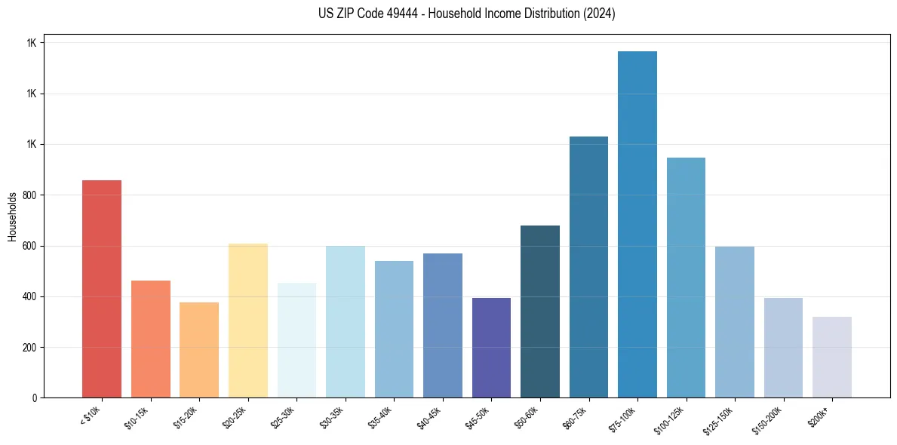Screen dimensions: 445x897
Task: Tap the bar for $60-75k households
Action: [x=588, y=267]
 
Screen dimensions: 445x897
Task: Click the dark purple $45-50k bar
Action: [x=491, y=348]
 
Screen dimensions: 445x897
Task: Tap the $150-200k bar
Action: [x=783, y=348]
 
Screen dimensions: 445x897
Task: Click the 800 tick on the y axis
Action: [x=30, y=195]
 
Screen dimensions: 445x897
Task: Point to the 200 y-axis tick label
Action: [x=30, y=348]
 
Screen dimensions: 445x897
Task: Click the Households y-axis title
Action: [x=13, y=216]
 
